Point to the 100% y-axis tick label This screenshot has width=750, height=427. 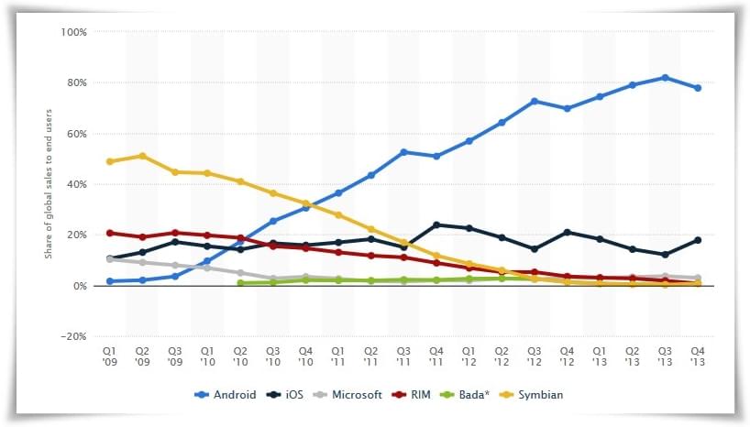74,32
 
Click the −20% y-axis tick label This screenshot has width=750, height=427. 72,337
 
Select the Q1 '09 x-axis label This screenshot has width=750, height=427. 110,354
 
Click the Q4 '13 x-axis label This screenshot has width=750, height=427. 698,354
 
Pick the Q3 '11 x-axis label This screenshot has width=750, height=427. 403,354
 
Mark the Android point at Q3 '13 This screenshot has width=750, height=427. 665,78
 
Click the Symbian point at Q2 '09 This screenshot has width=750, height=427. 142,156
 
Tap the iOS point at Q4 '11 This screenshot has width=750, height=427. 436,224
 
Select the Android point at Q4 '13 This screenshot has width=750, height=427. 698,88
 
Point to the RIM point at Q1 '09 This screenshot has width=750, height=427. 110,233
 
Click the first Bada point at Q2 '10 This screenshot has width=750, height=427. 240,283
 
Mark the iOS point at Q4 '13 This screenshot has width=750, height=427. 698,240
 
